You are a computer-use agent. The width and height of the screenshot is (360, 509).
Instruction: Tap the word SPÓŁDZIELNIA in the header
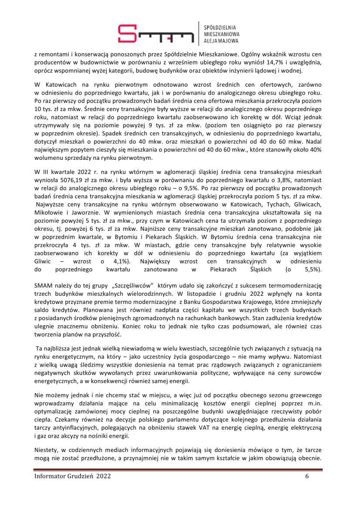tap(222, 25)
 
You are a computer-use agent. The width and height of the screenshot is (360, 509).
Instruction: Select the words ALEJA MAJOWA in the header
tap(221, 40)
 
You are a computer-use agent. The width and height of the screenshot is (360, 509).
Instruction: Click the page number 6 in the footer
tap(307, 476)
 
